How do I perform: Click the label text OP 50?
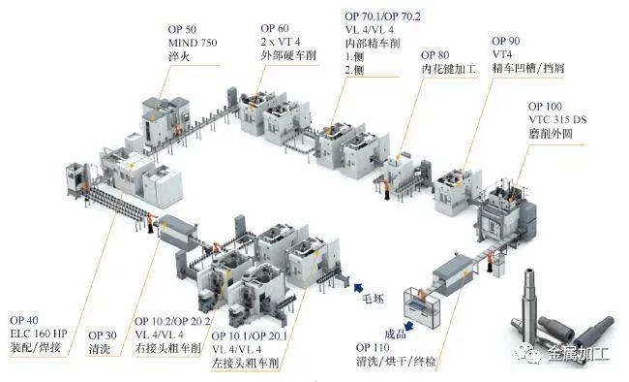pos(182,29)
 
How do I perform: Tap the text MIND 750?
pos(193,43)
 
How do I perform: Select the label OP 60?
pos(275,28)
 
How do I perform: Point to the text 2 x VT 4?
pos(281,42)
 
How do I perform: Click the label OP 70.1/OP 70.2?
pos(382,16)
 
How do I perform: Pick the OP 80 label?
pos(435,55)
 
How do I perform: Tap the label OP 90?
pos(506,41)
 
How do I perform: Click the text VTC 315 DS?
pos(557,120)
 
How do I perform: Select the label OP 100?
pos(545,107)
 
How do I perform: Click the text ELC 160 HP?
pos(39,334)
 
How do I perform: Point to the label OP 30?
pos(103,335)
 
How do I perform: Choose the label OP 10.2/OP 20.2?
pos(172,321)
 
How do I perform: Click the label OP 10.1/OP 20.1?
pos(249,335)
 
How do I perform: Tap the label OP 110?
pos(373,347)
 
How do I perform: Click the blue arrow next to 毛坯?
pos(358,288)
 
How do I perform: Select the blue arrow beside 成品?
pos(408,326)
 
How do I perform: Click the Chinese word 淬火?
pos(179,56)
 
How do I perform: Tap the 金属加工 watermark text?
pos(578,354)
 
